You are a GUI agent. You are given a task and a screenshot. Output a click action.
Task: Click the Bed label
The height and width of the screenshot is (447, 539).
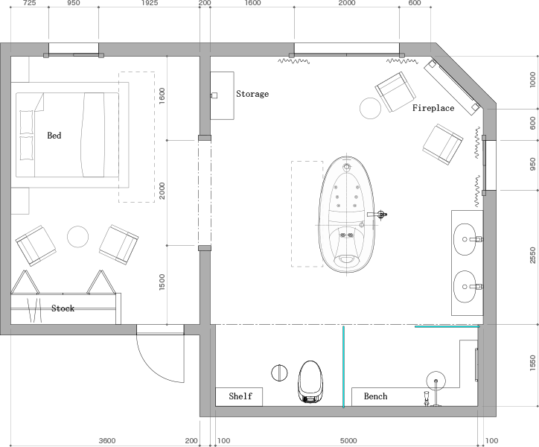pos(54,136)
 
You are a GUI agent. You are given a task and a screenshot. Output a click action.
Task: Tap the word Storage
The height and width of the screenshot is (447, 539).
pos(252,94)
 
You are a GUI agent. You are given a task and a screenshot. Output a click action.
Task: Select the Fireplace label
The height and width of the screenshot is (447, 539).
pos(433,108)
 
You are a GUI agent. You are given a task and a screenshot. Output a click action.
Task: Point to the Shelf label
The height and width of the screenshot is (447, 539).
pos(240,396)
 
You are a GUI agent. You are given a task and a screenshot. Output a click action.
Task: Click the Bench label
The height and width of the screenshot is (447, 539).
pos(375,396)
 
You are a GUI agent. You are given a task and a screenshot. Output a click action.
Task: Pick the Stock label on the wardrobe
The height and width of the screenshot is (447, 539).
pos(63,308)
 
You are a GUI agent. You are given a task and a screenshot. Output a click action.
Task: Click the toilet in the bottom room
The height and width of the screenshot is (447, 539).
pos(310,381)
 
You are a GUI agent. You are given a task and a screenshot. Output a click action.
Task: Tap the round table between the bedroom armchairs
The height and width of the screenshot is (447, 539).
pos(77,237)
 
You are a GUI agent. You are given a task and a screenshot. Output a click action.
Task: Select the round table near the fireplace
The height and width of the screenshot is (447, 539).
pos(370,108)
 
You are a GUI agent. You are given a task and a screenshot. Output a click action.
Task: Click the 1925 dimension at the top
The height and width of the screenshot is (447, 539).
pos(150,3)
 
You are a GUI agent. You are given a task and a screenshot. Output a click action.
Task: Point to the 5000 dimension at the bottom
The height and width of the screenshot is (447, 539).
pos(348,441)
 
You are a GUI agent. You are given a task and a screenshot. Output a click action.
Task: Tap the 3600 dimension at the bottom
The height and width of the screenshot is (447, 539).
pos(107,441)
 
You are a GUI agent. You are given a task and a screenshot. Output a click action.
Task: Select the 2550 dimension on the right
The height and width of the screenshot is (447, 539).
pos(533,256)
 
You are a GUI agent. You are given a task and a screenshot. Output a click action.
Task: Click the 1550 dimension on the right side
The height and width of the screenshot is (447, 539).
pos(533,364)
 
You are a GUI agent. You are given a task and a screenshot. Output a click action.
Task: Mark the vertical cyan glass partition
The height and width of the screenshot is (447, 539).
pos(343,367)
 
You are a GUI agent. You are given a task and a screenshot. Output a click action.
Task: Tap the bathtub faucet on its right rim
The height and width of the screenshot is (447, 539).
pos(377,215)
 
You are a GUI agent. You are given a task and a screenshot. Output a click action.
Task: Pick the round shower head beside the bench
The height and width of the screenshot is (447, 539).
pos(436,381)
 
